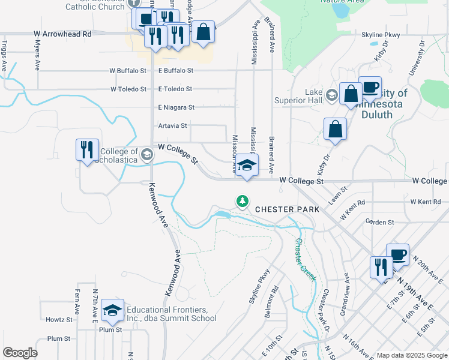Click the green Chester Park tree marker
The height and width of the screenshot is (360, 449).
pos(242,202)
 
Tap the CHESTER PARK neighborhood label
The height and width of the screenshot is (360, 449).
pos(288,209)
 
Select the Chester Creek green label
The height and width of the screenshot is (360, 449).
pos(304,259)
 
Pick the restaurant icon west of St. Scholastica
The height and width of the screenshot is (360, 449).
pos(87,150)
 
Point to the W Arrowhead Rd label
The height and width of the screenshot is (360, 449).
pos(62,34)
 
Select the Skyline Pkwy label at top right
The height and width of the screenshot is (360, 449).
pos(381,35)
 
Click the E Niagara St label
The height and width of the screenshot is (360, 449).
pos(176,107)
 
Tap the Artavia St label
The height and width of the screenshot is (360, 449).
pos(172,126)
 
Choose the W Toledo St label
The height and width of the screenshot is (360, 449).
pos(128,89)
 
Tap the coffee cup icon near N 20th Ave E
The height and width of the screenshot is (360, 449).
pos(397,254)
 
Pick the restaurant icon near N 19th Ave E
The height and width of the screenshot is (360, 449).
pos(381,268)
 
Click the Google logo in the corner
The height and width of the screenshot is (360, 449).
pos(20,353)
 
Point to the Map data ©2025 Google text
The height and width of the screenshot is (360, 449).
pos(411,355)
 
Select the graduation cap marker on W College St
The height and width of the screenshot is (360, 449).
pos(247,166)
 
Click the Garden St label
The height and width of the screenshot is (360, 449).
pos(379,222)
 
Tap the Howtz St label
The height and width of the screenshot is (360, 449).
pos(59,320)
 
